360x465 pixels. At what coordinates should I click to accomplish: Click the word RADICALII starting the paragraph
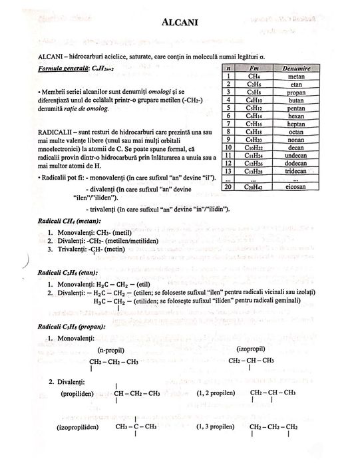point(39,132)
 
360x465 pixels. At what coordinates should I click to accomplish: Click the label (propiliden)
point(77,393)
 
